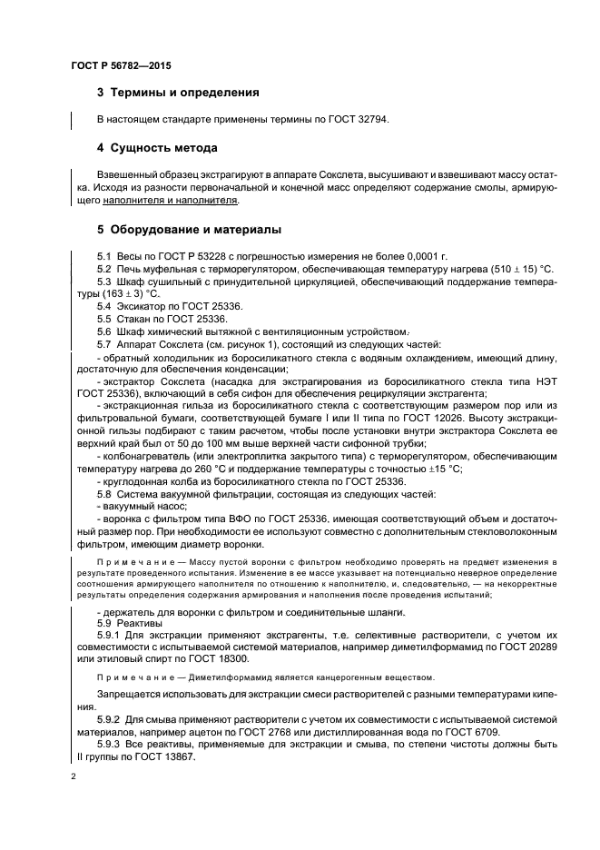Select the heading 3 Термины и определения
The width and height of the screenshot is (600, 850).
[178, 93]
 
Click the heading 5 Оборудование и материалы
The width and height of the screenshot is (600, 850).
[189, 229]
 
